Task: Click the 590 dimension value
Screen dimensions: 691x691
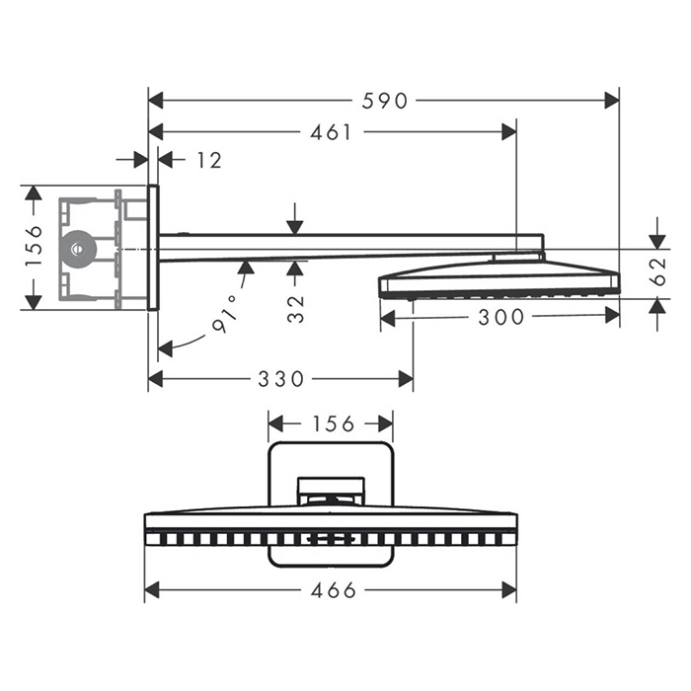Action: pos(386,100)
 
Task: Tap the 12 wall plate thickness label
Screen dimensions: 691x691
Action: pos(208,160)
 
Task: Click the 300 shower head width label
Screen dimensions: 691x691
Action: pos(499,317)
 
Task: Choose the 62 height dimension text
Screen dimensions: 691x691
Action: pos(657,272)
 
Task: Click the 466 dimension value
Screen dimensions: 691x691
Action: pos(331,591)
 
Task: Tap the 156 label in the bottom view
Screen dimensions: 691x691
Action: pos(332,423)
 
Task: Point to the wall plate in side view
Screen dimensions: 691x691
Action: pos(153,248)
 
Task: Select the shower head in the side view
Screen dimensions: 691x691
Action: pos(499,280)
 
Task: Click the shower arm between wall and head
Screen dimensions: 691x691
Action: pos(345,245)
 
